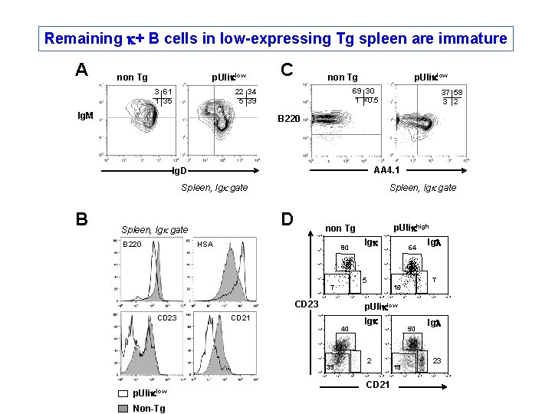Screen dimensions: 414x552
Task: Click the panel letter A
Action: (82, 71)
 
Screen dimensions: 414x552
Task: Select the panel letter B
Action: (82, 219)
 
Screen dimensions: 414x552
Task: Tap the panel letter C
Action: (288, 70)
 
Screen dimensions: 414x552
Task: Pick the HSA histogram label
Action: (205, 245)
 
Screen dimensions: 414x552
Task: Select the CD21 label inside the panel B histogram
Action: (241, 317)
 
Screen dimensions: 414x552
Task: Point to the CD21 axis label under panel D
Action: (377, 384)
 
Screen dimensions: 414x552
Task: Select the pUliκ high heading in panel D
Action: (414, 228)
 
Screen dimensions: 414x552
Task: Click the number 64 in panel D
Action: (412, 248)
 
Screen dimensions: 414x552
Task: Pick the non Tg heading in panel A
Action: (131, 77)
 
